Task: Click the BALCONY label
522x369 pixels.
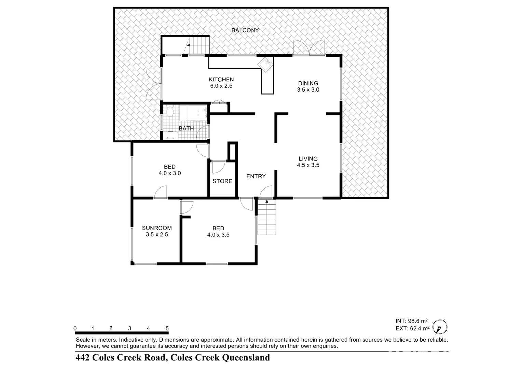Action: [245, 30]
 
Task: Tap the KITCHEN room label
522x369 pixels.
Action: [221, 80]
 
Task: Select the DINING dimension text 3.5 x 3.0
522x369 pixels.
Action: [308, 90]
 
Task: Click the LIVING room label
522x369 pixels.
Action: [308, 159]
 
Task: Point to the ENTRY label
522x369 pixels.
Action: [256, 176]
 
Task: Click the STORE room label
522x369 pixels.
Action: [222, 181]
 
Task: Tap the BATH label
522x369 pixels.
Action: [186, 128]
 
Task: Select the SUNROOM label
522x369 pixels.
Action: [157, 228]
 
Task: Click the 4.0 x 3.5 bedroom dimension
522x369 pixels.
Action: [218, 235]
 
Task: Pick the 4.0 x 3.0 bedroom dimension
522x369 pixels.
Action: [170, 173]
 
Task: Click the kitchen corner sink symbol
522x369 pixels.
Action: [265, 64]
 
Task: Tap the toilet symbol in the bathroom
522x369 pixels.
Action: [170, 110]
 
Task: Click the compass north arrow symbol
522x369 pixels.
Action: [439, 327]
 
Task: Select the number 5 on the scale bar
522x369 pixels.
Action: [167, 328]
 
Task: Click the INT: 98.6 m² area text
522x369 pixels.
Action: [411, 321]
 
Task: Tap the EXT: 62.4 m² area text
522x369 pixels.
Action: [412, 328]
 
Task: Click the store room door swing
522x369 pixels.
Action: [218, 167]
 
